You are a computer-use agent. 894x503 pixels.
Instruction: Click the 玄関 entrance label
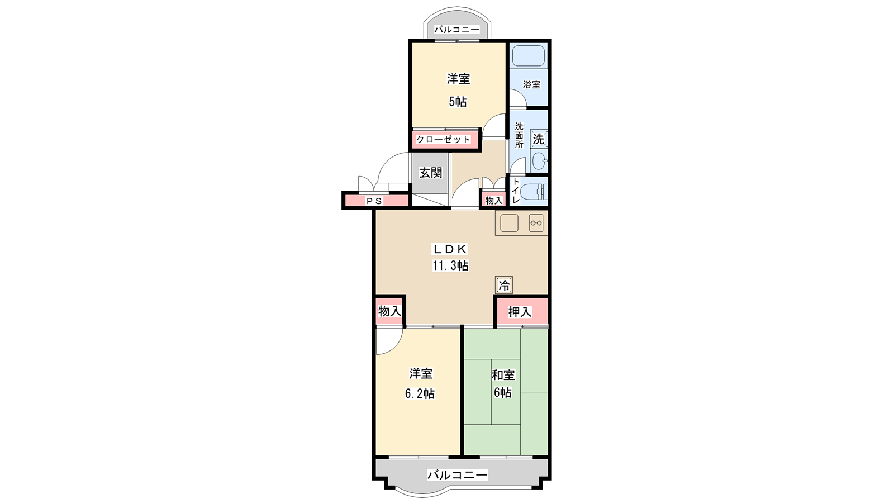[x=431, y=173]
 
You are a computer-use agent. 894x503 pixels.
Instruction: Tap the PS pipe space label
[x=374, y=201]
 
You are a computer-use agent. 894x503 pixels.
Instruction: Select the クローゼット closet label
[x=444, y=139]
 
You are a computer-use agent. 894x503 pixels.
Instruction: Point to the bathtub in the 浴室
[x=529, y=56]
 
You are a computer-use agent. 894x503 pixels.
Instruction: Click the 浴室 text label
[x=531, y=84]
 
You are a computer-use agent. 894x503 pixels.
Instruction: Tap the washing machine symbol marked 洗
[x=539, y=139]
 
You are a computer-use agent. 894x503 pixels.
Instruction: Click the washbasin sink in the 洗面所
[x=540, y=162]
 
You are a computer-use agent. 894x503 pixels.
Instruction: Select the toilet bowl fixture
[x=534, y=191]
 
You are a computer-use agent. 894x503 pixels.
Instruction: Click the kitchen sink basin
[x=509, y=223]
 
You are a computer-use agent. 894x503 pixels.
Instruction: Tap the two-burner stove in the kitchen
[x=536, y=223]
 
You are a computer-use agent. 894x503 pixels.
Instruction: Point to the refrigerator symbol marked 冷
[x=504, y=286]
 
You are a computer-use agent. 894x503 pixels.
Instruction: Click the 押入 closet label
[x=520, y=312]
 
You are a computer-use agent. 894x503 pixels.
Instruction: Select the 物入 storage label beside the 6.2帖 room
[x=389, y=311]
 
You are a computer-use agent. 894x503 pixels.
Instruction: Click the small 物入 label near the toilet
[x=494, y=201]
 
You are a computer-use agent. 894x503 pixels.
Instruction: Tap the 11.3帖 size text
[x=450, y=265]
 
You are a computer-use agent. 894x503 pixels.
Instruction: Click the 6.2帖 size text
[x=420, y=393]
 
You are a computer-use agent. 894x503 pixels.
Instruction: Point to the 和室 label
[x=503, y=375]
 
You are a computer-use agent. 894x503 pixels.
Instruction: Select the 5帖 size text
[x=458, y=102]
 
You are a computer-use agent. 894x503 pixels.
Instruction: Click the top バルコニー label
[x=457, y=29]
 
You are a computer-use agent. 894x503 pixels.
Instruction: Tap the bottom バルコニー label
[x=458, y=475]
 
